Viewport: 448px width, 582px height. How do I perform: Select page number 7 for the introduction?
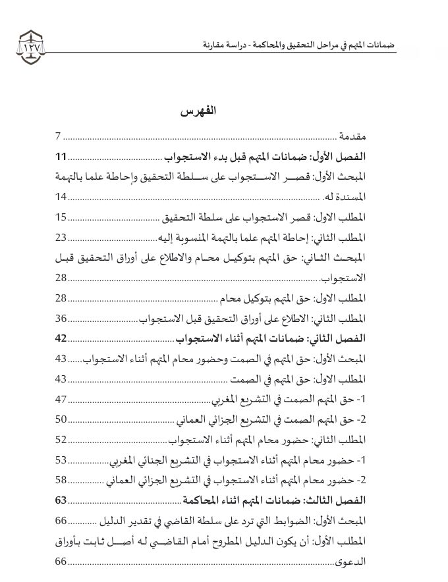pos(58,137)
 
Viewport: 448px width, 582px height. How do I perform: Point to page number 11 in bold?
pos(61,157)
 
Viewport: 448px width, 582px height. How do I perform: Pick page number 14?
pos(61,197)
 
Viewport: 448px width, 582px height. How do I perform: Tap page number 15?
pos(61,217)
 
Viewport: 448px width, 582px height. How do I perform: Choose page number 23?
pos(61,238)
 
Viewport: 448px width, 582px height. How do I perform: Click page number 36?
pos(61,319)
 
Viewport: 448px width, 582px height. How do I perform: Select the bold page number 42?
pos(61,339)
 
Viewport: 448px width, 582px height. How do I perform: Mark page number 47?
pos(61,400)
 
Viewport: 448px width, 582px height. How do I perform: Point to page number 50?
pos(61,420)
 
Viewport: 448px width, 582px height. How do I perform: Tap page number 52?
pos(61,440)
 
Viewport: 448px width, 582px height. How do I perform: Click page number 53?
pos(61,460)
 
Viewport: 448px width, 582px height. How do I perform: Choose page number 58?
pos(61,481)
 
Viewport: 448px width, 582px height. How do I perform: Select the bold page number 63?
pos(61,501)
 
